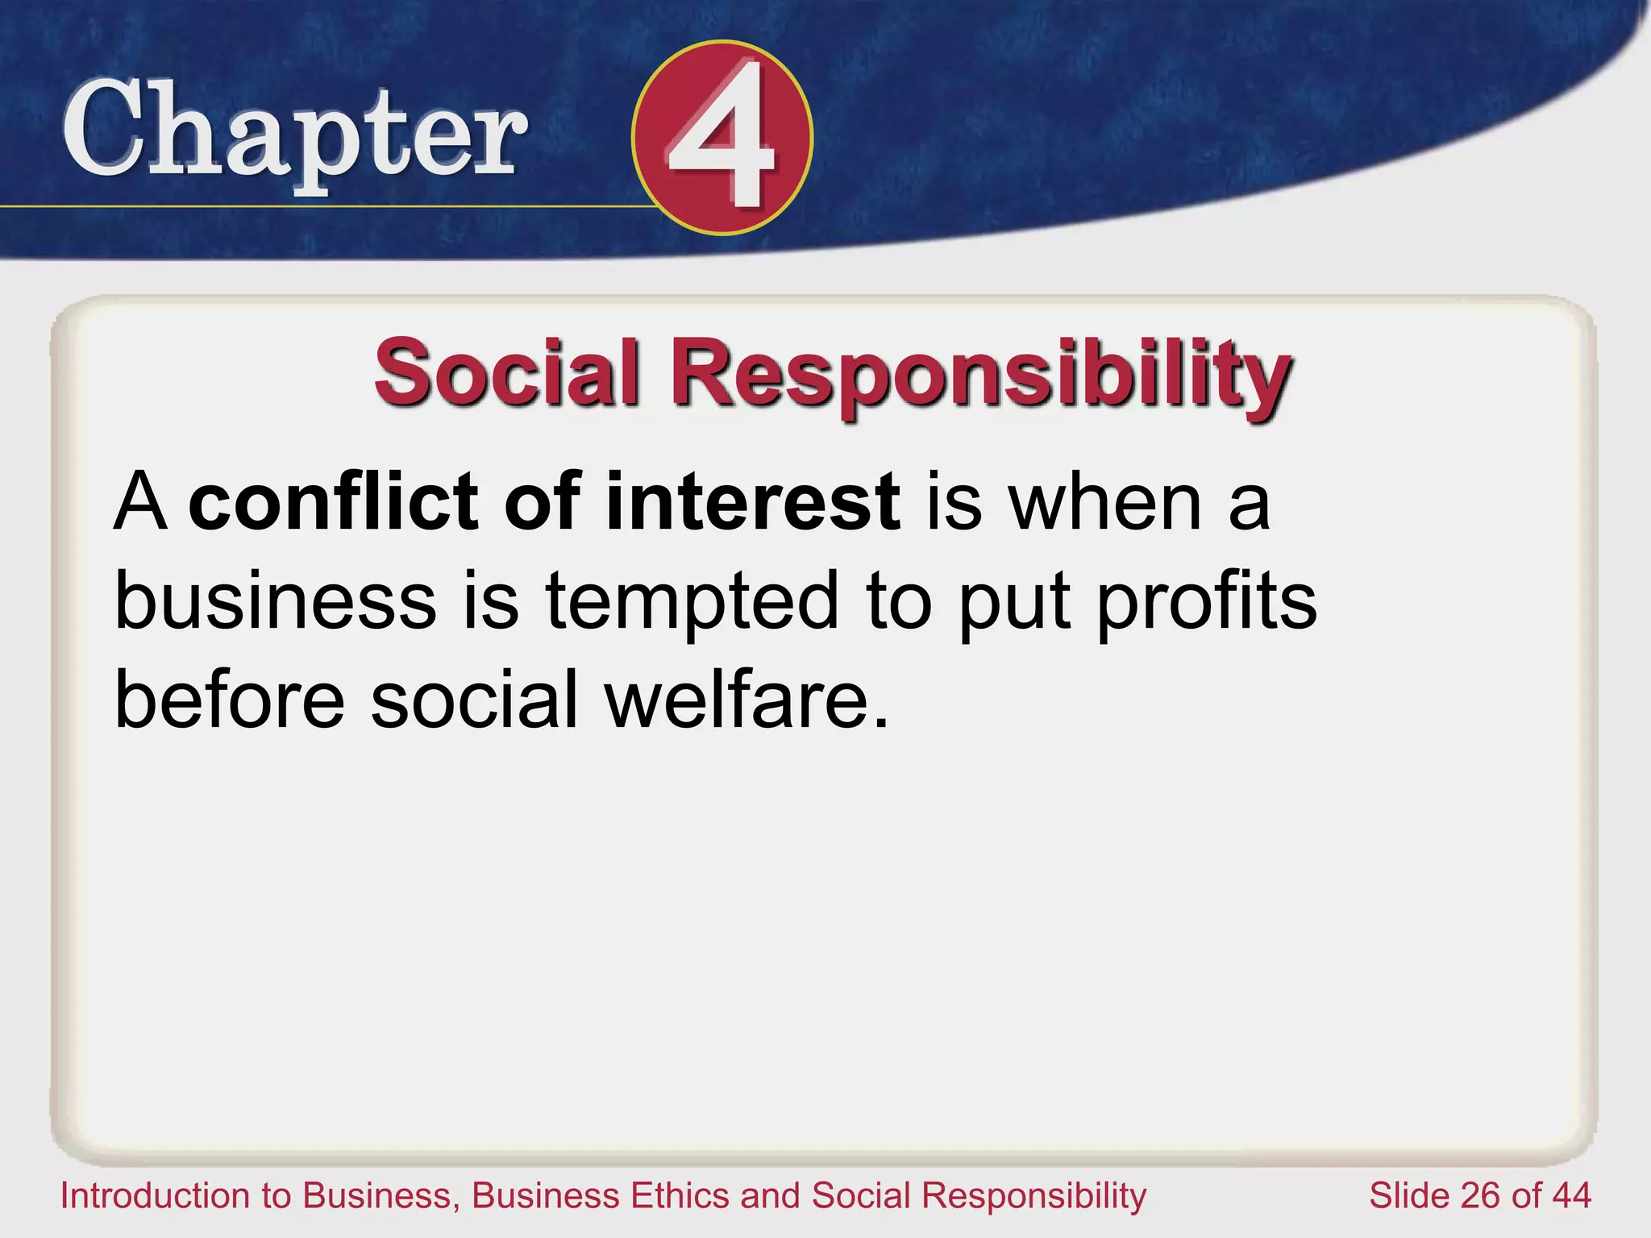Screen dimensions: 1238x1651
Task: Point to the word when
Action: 1105,503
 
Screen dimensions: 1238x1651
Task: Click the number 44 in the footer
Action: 1571,1195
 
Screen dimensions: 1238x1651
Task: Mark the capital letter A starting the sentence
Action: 141,503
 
